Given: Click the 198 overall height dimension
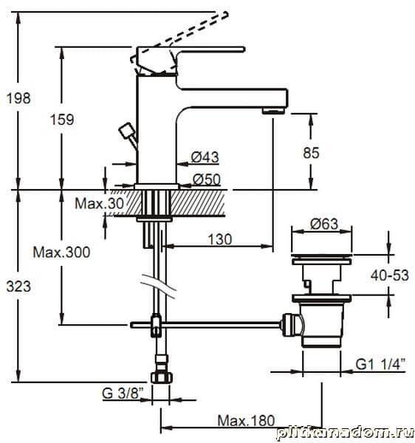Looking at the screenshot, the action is point(18,98).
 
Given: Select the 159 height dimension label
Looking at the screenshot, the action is point(62,120).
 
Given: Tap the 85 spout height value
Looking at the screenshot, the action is point(311,153).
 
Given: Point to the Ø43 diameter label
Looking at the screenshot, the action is point(205,157).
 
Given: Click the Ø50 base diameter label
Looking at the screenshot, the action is point(207,179).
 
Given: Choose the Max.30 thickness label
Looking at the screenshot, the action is point(100,203).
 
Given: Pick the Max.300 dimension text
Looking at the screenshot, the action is point(61,252).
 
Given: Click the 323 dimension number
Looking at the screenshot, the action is point(18,286).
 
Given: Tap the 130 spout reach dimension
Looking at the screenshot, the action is point(220,239).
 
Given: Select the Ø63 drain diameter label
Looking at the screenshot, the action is point(324,224).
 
